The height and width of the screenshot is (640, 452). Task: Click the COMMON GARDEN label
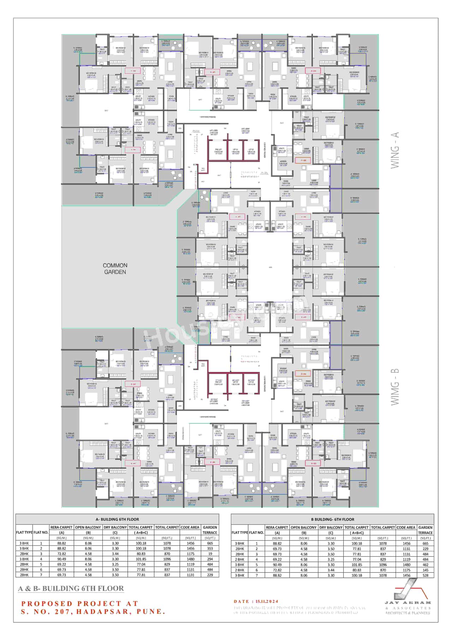pyautogui.click(x=115, y=268)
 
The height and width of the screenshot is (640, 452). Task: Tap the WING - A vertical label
pyautogui.click(x=395, y=150)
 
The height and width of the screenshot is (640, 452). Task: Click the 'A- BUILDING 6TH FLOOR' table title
pyautogui.click(x=117, y=519)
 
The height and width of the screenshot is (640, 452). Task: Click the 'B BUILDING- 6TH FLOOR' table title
pyautogui.click(x=332, y=519)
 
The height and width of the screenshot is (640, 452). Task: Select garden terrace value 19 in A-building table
pyautogui.click(x=210, y=554)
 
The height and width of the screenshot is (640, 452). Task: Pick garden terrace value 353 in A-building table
pyautogui.click(x=210, y=549)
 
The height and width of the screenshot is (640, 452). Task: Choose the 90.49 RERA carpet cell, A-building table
pyautogui.click(x=61, y=559)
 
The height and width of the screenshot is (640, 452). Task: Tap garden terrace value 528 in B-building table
pyautogui.click(x=426, y=575)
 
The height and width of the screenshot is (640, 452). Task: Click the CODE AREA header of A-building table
pyautogui.click(x=190, y=527)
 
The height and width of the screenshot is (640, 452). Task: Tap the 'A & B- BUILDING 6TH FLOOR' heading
pyautogui.click(x=71, y=588)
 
